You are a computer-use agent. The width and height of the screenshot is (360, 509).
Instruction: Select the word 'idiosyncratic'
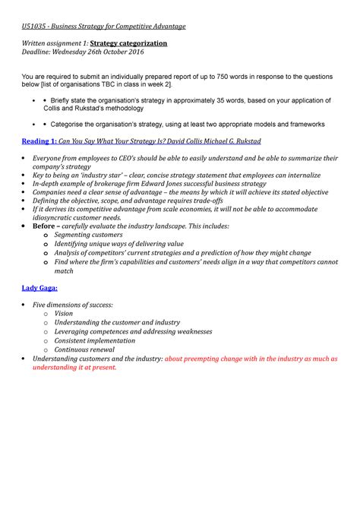[x=56, y=217]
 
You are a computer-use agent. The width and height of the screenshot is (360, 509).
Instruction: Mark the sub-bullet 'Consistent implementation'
[x=99, y=340]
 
